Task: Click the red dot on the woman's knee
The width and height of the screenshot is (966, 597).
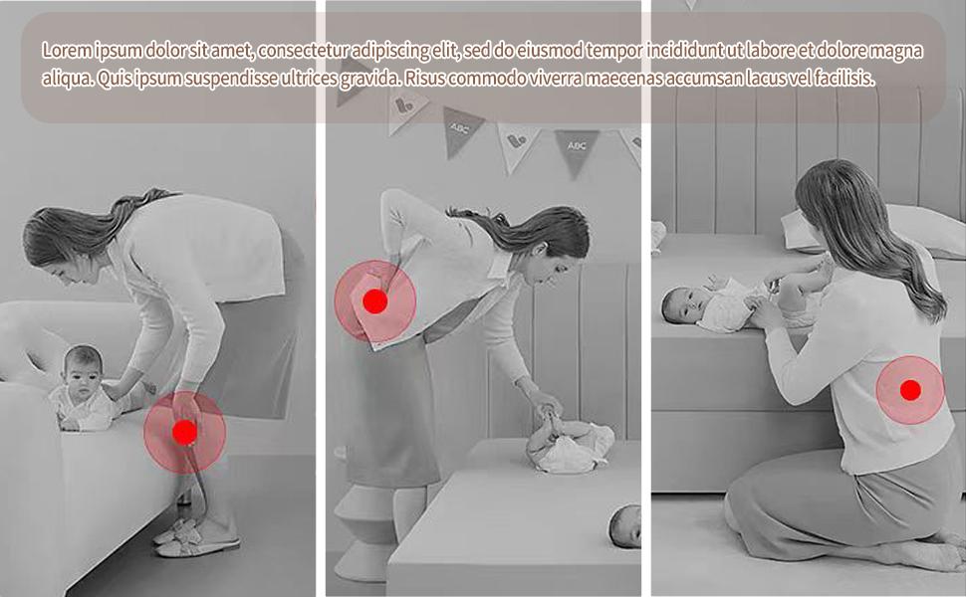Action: click(x=184, y=432)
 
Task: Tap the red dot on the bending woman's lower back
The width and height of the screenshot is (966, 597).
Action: click(x=374, y=301)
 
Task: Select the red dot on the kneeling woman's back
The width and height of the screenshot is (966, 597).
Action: click(x=909, y=390)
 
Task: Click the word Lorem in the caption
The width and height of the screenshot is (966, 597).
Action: click(x=65, y=51)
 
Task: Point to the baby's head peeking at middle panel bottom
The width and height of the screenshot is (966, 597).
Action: click(x=625, y=524)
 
